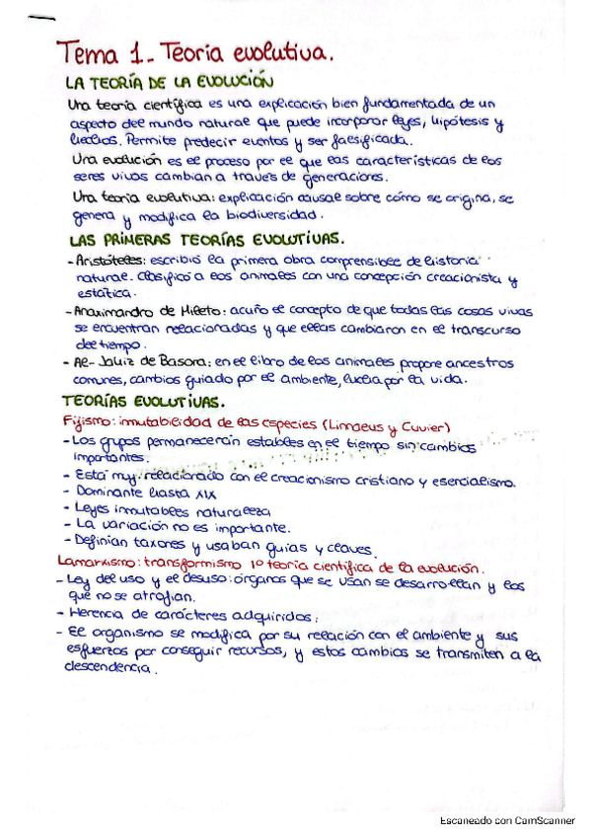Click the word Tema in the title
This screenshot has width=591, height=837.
click(x=89, y=50)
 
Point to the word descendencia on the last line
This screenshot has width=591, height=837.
click(x=109, y=667)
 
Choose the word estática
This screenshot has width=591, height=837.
click(x=104, y=293)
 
